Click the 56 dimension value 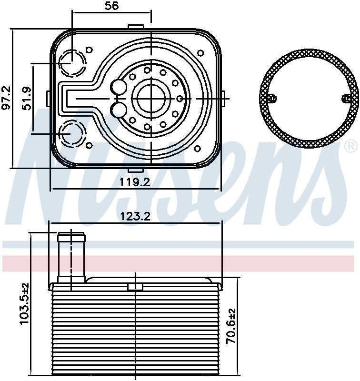point(112,6)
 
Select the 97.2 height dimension point(6,98)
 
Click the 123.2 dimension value point(136,216)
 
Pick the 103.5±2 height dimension point(24,304)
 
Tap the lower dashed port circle point(72,133)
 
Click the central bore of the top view point(151,98)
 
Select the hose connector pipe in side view point(71,257)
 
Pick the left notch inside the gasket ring point(271,98)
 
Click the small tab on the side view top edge point(136,286)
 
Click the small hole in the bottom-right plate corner point(198,149)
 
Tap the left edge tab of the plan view point(48,98)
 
